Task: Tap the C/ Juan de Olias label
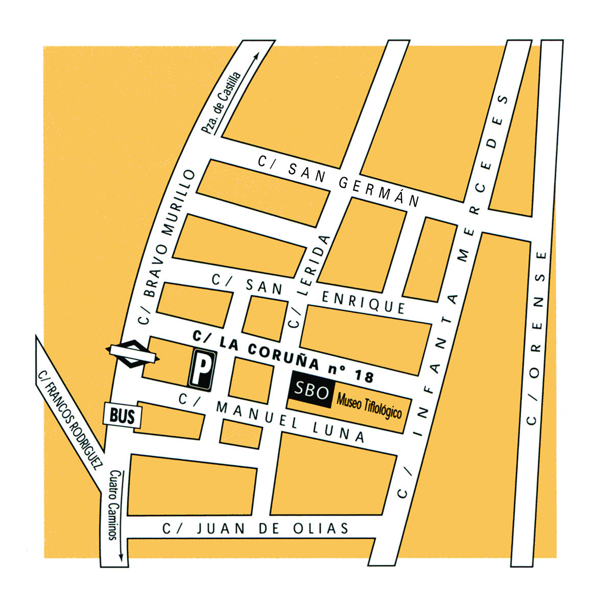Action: [x=256, y=528]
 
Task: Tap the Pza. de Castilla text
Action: [x=221, y=104]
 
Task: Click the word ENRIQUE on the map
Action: [x=363, y=302]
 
